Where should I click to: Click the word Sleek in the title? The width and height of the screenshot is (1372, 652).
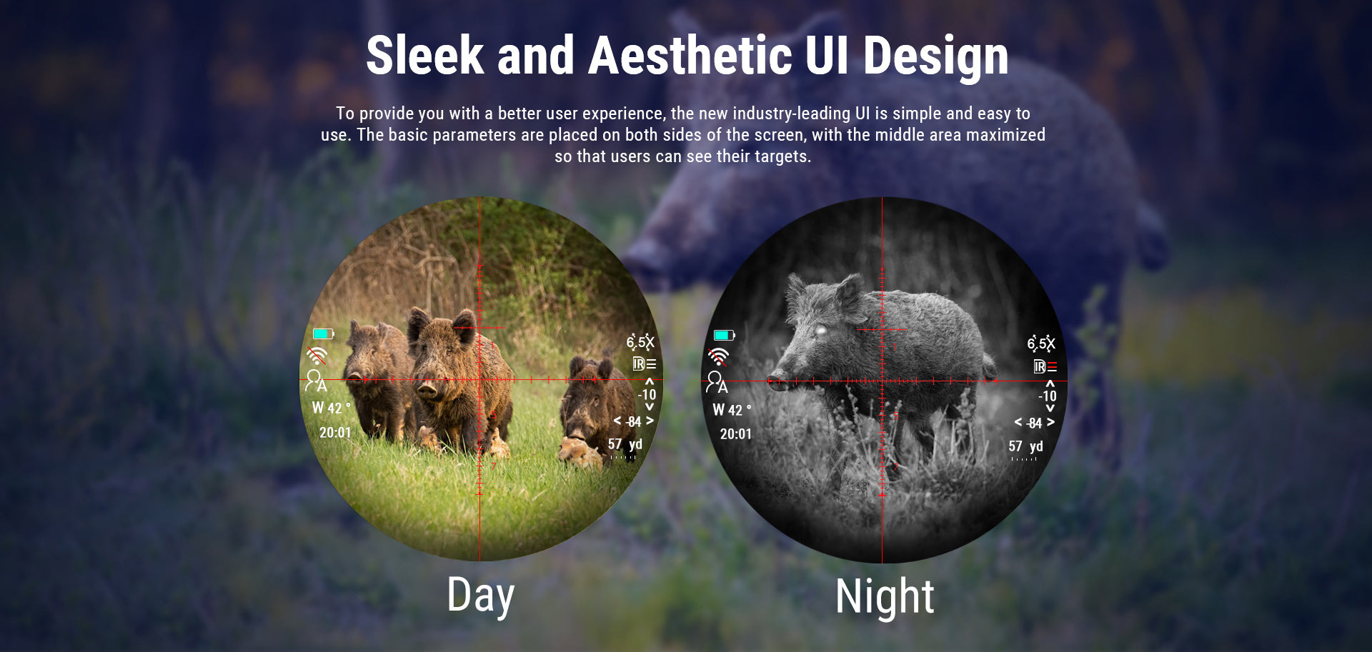click(425, 56)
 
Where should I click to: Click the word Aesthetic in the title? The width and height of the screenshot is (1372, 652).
click(690, 56)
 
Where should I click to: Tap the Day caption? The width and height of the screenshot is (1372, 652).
click(481, 596)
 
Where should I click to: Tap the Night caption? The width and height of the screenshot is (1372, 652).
click(885, 597)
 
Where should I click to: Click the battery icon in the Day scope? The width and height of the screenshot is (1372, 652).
click(323, 333)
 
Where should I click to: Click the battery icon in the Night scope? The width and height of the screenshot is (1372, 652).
click(724, 335)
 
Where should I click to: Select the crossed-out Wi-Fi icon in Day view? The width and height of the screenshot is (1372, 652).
click(317, 355)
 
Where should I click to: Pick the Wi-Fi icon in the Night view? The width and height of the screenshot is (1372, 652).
click(718, 356)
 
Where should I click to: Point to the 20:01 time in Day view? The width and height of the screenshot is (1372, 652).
click(335, 433)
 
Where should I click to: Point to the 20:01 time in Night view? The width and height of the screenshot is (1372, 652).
click(735, 434)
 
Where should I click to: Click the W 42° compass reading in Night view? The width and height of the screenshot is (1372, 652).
click(732, 410)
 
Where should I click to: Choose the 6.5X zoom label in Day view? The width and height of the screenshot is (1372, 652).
click(640, 342)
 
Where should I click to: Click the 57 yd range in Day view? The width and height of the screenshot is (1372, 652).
click(625, 444)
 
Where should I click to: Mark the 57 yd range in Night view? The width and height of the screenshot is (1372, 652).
click(1025, 446)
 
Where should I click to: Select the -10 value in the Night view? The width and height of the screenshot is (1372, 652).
click(1048, 396)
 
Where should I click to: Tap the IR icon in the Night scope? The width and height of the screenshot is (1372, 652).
click(1045, 366)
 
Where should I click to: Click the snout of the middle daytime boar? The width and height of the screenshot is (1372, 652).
click(427, 391)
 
